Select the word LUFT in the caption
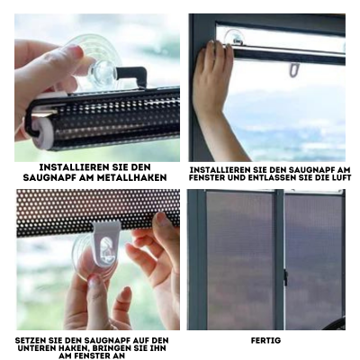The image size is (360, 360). (339, 177)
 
